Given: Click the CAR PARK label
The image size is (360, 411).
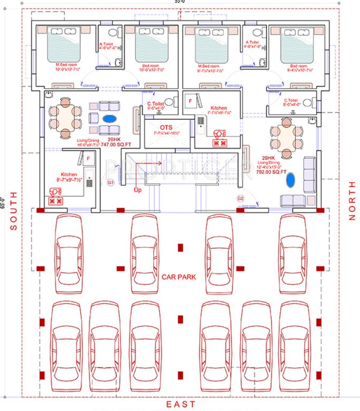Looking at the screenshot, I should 179,277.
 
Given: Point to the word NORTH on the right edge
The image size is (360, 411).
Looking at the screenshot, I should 352,201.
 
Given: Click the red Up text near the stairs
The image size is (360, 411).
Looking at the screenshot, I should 138,189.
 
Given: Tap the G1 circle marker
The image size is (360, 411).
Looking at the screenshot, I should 111,182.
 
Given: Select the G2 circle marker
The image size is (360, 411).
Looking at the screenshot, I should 241,199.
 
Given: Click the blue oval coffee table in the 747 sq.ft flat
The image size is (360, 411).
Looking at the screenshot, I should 109,118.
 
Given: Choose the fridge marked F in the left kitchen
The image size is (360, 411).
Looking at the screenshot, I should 88,158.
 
